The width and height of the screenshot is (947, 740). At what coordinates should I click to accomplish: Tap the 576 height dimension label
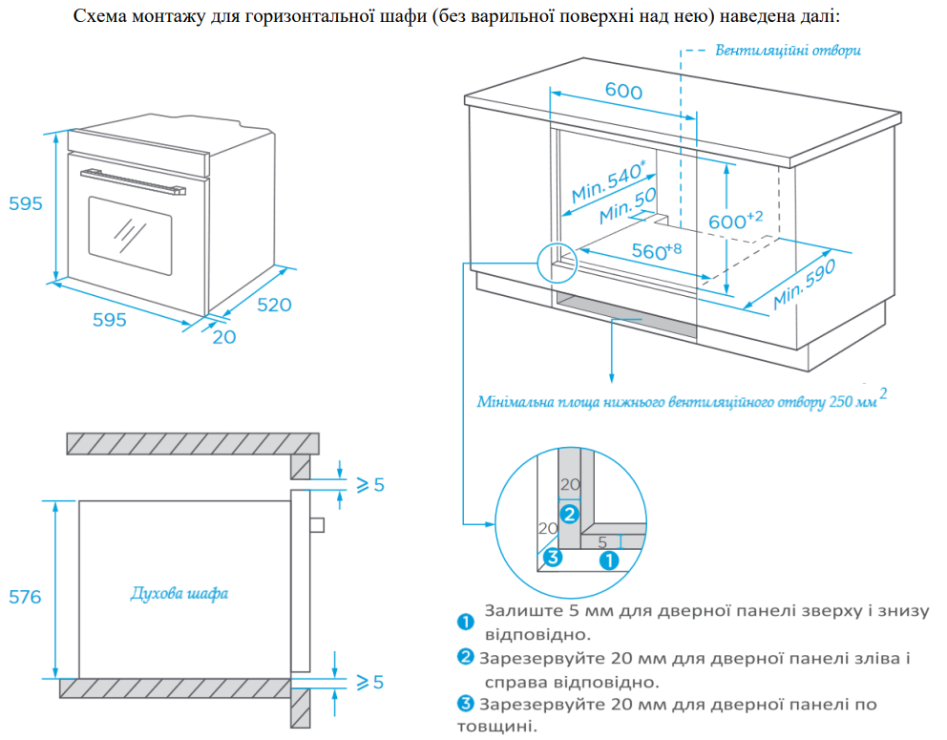[x=24, y=597]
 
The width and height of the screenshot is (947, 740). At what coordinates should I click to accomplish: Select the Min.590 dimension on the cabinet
[x=804, y=285]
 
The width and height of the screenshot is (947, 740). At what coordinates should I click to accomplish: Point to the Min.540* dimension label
[x=608, y=182]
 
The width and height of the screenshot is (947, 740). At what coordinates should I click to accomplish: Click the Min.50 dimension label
[x=628, y=206]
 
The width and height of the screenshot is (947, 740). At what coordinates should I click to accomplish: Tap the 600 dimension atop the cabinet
[x=623, y=92]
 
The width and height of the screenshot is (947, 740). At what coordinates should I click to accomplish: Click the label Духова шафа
[x=179, y=594]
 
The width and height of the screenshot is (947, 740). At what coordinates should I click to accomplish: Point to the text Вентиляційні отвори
[x=788, y=50]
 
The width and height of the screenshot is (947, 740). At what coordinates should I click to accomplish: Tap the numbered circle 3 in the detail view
[x=551, y=557]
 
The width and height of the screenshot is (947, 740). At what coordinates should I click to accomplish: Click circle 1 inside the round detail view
[x=608, y=560]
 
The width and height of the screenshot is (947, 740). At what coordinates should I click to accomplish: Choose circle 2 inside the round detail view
[x=569, y=514]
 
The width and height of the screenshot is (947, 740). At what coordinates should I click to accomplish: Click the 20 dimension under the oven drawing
[x=223, y=337]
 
